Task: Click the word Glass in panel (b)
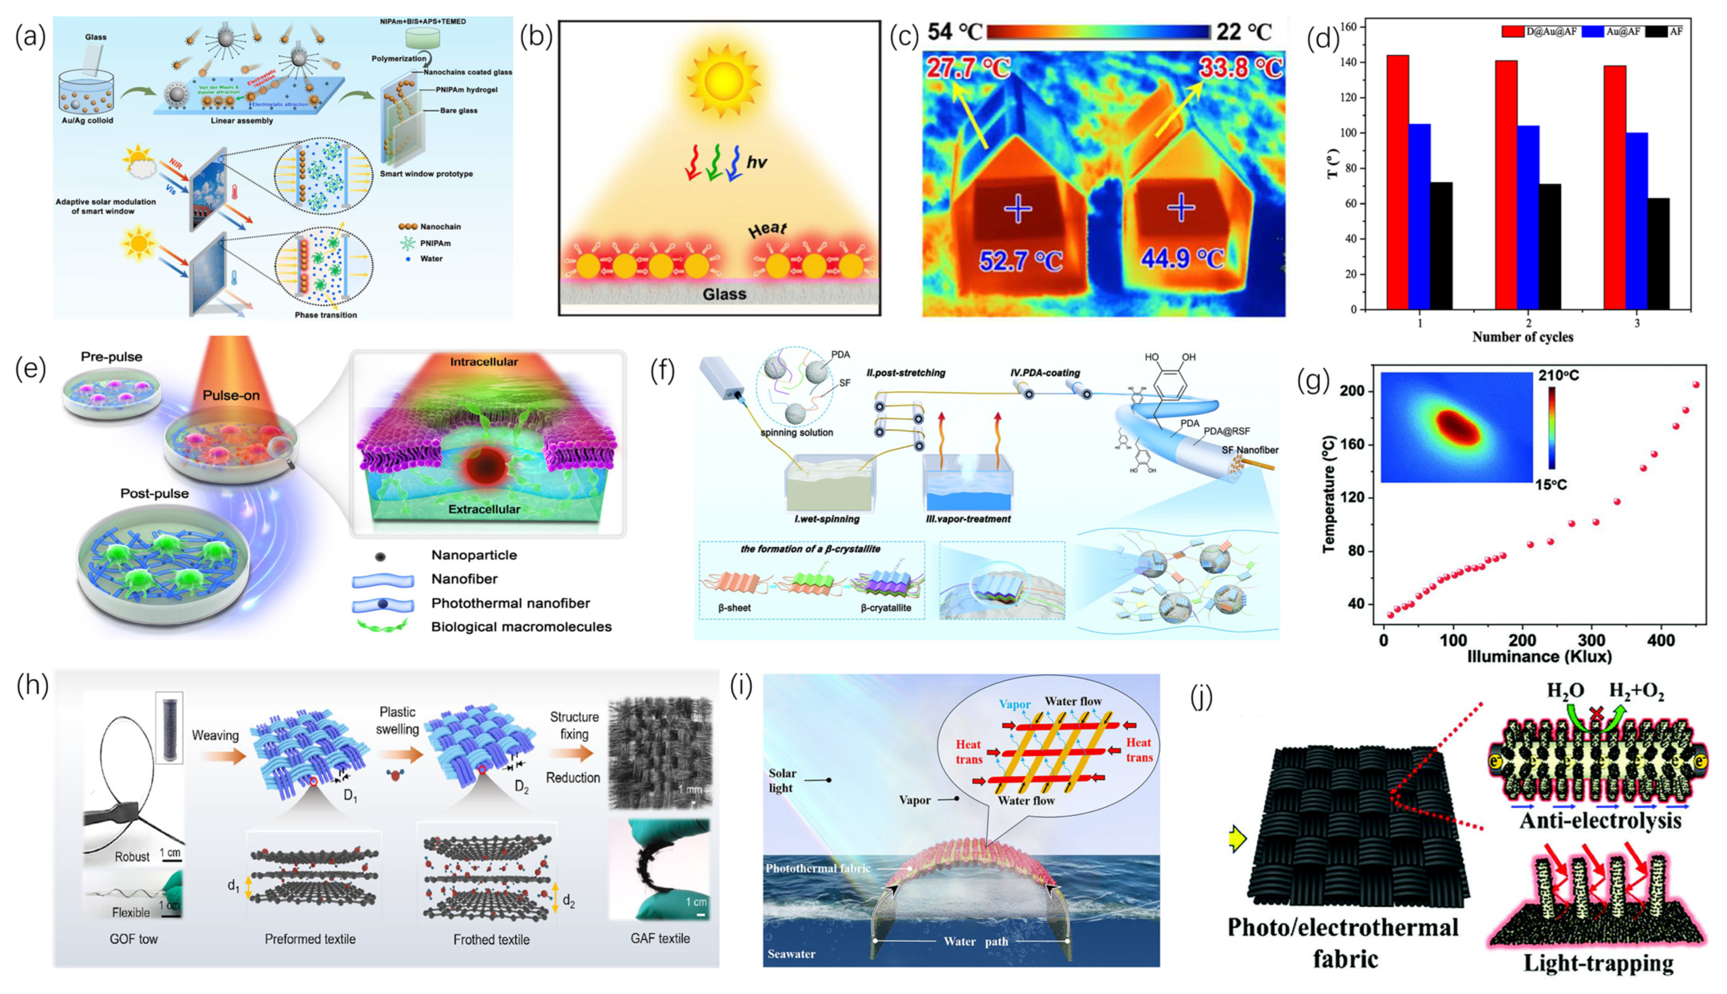pyautogui.click(x=725, y=294)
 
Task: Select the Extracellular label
pyautogui.click(x=484, y=509)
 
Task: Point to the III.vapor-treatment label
pyautogui.click(x=968, y=519)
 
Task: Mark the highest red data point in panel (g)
pyautogui.click(x=1696, y=385)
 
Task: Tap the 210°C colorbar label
pyautogui.click(x=1578, y=375)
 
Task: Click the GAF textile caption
pyautogui.click(x=659, y=939)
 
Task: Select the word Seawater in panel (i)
pyautogui.click(x=791, y=954)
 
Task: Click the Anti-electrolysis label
pyautogui.click(x=1600, y=820)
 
